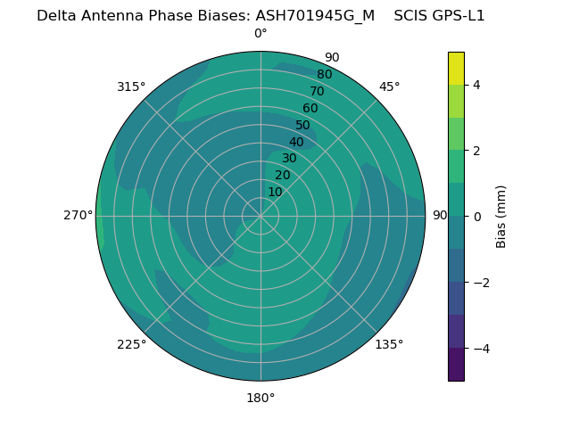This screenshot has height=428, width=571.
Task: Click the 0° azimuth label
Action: click(261, 33)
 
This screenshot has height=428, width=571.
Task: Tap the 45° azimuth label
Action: click(390, 86)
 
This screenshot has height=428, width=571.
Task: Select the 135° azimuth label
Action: click(389, 344)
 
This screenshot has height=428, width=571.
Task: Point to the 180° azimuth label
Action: click(261, 398)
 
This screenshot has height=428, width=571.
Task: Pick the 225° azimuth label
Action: click(131, 344)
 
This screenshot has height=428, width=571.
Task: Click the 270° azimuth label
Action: click(78, 216)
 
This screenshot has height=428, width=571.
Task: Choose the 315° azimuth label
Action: click(131, 86)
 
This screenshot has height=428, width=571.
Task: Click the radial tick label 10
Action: click(275, 192)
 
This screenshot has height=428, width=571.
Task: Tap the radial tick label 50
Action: click(303, 126)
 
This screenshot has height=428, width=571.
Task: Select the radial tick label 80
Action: click(325, 74)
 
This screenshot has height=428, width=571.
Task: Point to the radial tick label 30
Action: click(289, 159)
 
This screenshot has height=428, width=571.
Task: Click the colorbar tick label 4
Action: click(476, 85)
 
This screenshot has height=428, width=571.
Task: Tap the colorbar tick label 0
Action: click(476, 217)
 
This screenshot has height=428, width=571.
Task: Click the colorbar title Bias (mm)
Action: click(501, 217)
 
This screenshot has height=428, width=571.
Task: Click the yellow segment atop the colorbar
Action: click(456, 68)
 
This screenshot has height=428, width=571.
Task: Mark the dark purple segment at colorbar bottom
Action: click(456, 365)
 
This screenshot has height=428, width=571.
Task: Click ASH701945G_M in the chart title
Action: click(315, 15)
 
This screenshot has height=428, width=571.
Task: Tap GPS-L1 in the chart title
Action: click(455, 15)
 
